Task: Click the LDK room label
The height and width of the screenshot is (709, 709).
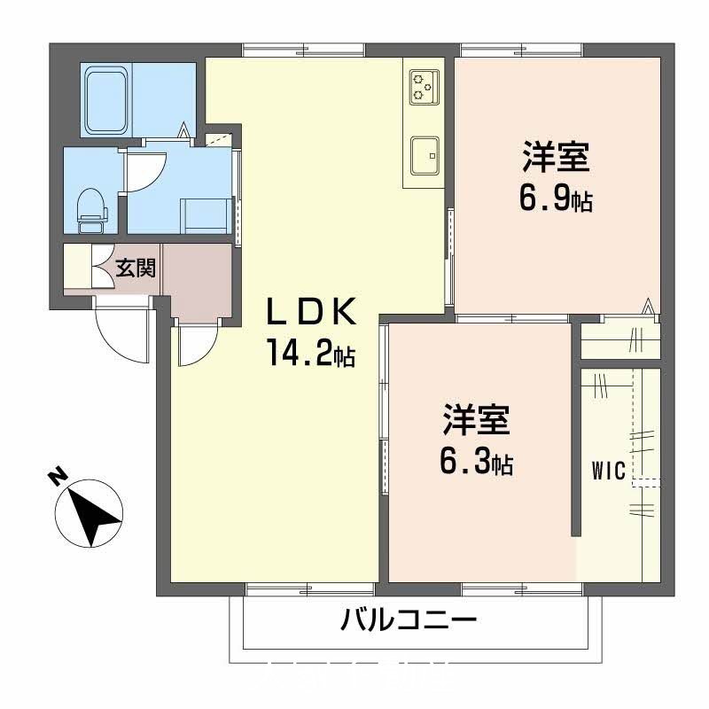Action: tap(312, 312)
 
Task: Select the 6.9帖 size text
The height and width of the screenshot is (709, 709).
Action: tap(555, 200)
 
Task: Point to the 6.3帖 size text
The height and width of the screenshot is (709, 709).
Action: tap(477, 462)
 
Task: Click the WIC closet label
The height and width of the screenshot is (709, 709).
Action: tap(609, 471)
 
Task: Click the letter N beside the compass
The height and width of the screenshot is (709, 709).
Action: tap(56, 479)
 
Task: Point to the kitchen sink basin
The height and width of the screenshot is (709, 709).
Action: tap(425, 156)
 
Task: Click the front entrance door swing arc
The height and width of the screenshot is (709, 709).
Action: tap(120, 330)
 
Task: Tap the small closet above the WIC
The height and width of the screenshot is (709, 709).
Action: tap(619, 338)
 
